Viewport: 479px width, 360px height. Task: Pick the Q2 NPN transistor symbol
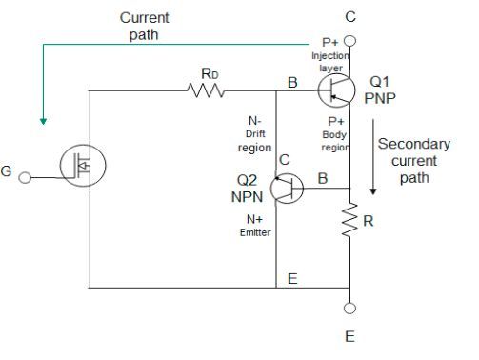(x=286, y=189)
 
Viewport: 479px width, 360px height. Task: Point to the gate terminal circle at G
(x=27, y=177)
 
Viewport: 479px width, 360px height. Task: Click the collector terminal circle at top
(x=349, y=41)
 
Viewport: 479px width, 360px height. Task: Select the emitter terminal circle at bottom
(x=349, y=309)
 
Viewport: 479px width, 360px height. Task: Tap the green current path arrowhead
(x=42, y=121)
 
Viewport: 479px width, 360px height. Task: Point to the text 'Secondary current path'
(x=412, y=160)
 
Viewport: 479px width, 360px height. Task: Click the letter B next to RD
(x=292, y=83)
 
